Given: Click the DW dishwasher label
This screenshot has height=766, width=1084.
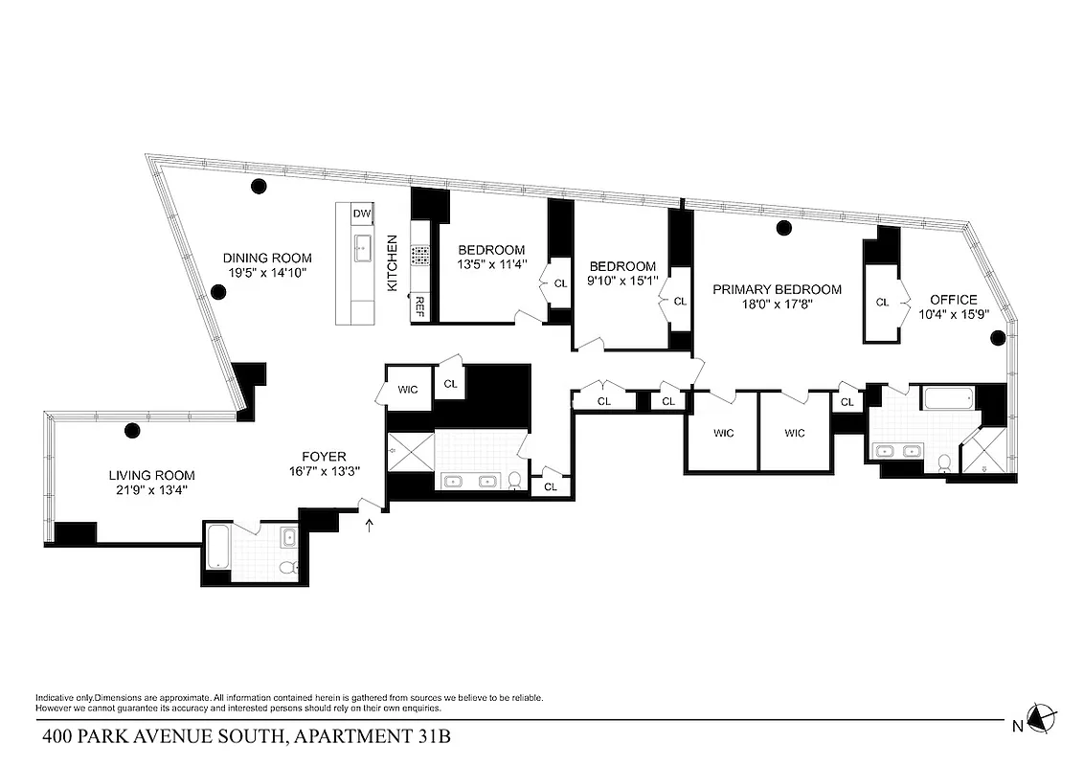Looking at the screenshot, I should (362, 213).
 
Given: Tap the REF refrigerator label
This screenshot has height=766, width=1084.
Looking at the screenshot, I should (418, 308).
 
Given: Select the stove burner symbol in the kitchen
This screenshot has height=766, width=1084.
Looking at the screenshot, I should (419, 255).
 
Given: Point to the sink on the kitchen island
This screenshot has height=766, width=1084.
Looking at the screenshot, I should (363, 249).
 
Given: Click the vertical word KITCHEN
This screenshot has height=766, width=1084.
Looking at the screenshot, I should (392, 263).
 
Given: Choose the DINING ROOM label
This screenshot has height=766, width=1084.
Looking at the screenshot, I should (267, 258).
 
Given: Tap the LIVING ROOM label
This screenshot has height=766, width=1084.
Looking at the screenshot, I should (151, 475).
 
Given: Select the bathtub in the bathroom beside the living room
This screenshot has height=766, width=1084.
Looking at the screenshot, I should (217, 549).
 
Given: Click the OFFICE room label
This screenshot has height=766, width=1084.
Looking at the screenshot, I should (953, 300).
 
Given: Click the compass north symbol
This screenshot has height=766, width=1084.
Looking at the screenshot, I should (1040, 717).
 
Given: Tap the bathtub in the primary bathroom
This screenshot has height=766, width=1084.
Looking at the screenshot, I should (947, 397).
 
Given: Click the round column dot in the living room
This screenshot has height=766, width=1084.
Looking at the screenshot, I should (132, 430).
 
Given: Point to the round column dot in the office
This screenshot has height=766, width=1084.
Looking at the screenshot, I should (997, 337).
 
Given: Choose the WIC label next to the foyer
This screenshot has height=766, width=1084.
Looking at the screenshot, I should (408, 390).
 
